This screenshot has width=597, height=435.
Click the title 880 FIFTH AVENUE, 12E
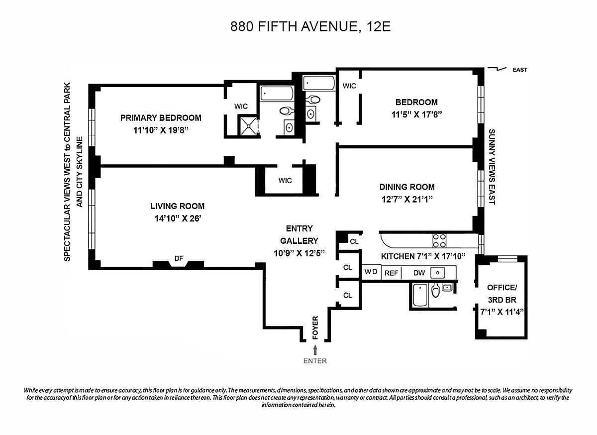click(x=310, y=26)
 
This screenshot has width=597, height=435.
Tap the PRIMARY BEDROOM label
click(x=161, y=118)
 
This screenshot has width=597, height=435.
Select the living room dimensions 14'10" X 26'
click(x=178, y=218)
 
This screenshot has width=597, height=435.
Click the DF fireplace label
click(x=179, y=258)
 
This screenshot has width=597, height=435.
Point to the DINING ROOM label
click(x=407, y=187)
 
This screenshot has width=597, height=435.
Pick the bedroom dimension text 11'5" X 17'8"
click(x=416, y=114)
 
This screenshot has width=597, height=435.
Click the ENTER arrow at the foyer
click(x=315, y=350)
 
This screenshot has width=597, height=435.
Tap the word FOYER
click(x=315, y=328)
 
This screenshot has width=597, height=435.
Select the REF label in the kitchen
click(x=391, y=273)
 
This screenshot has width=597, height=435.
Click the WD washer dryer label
click(x=371, y=272)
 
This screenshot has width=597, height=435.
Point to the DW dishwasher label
click(x=419, y=273)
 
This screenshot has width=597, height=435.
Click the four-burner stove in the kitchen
click(x=439, y=240)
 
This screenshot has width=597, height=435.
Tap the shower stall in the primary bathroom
click(x=248, y=125)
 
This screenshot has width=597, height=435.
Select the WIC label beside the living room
click(x=285, y=181)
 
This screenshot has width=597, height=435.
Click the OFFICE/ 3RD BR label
click(x=502, y=294)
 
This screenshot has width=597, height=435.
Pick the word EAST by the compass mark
click(x=520, y=70)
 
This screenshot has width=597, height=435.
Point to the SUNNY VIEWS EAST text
click(x=492, y=167)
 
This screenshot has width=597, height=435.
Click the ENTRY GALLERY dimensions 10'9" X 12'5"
click(x=299, y=253)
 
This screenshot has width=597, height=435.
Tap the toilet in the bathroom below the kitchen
click(x=435, y=290)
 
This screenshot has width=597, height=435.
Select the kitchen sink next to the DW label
click(x=437, y=273)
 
